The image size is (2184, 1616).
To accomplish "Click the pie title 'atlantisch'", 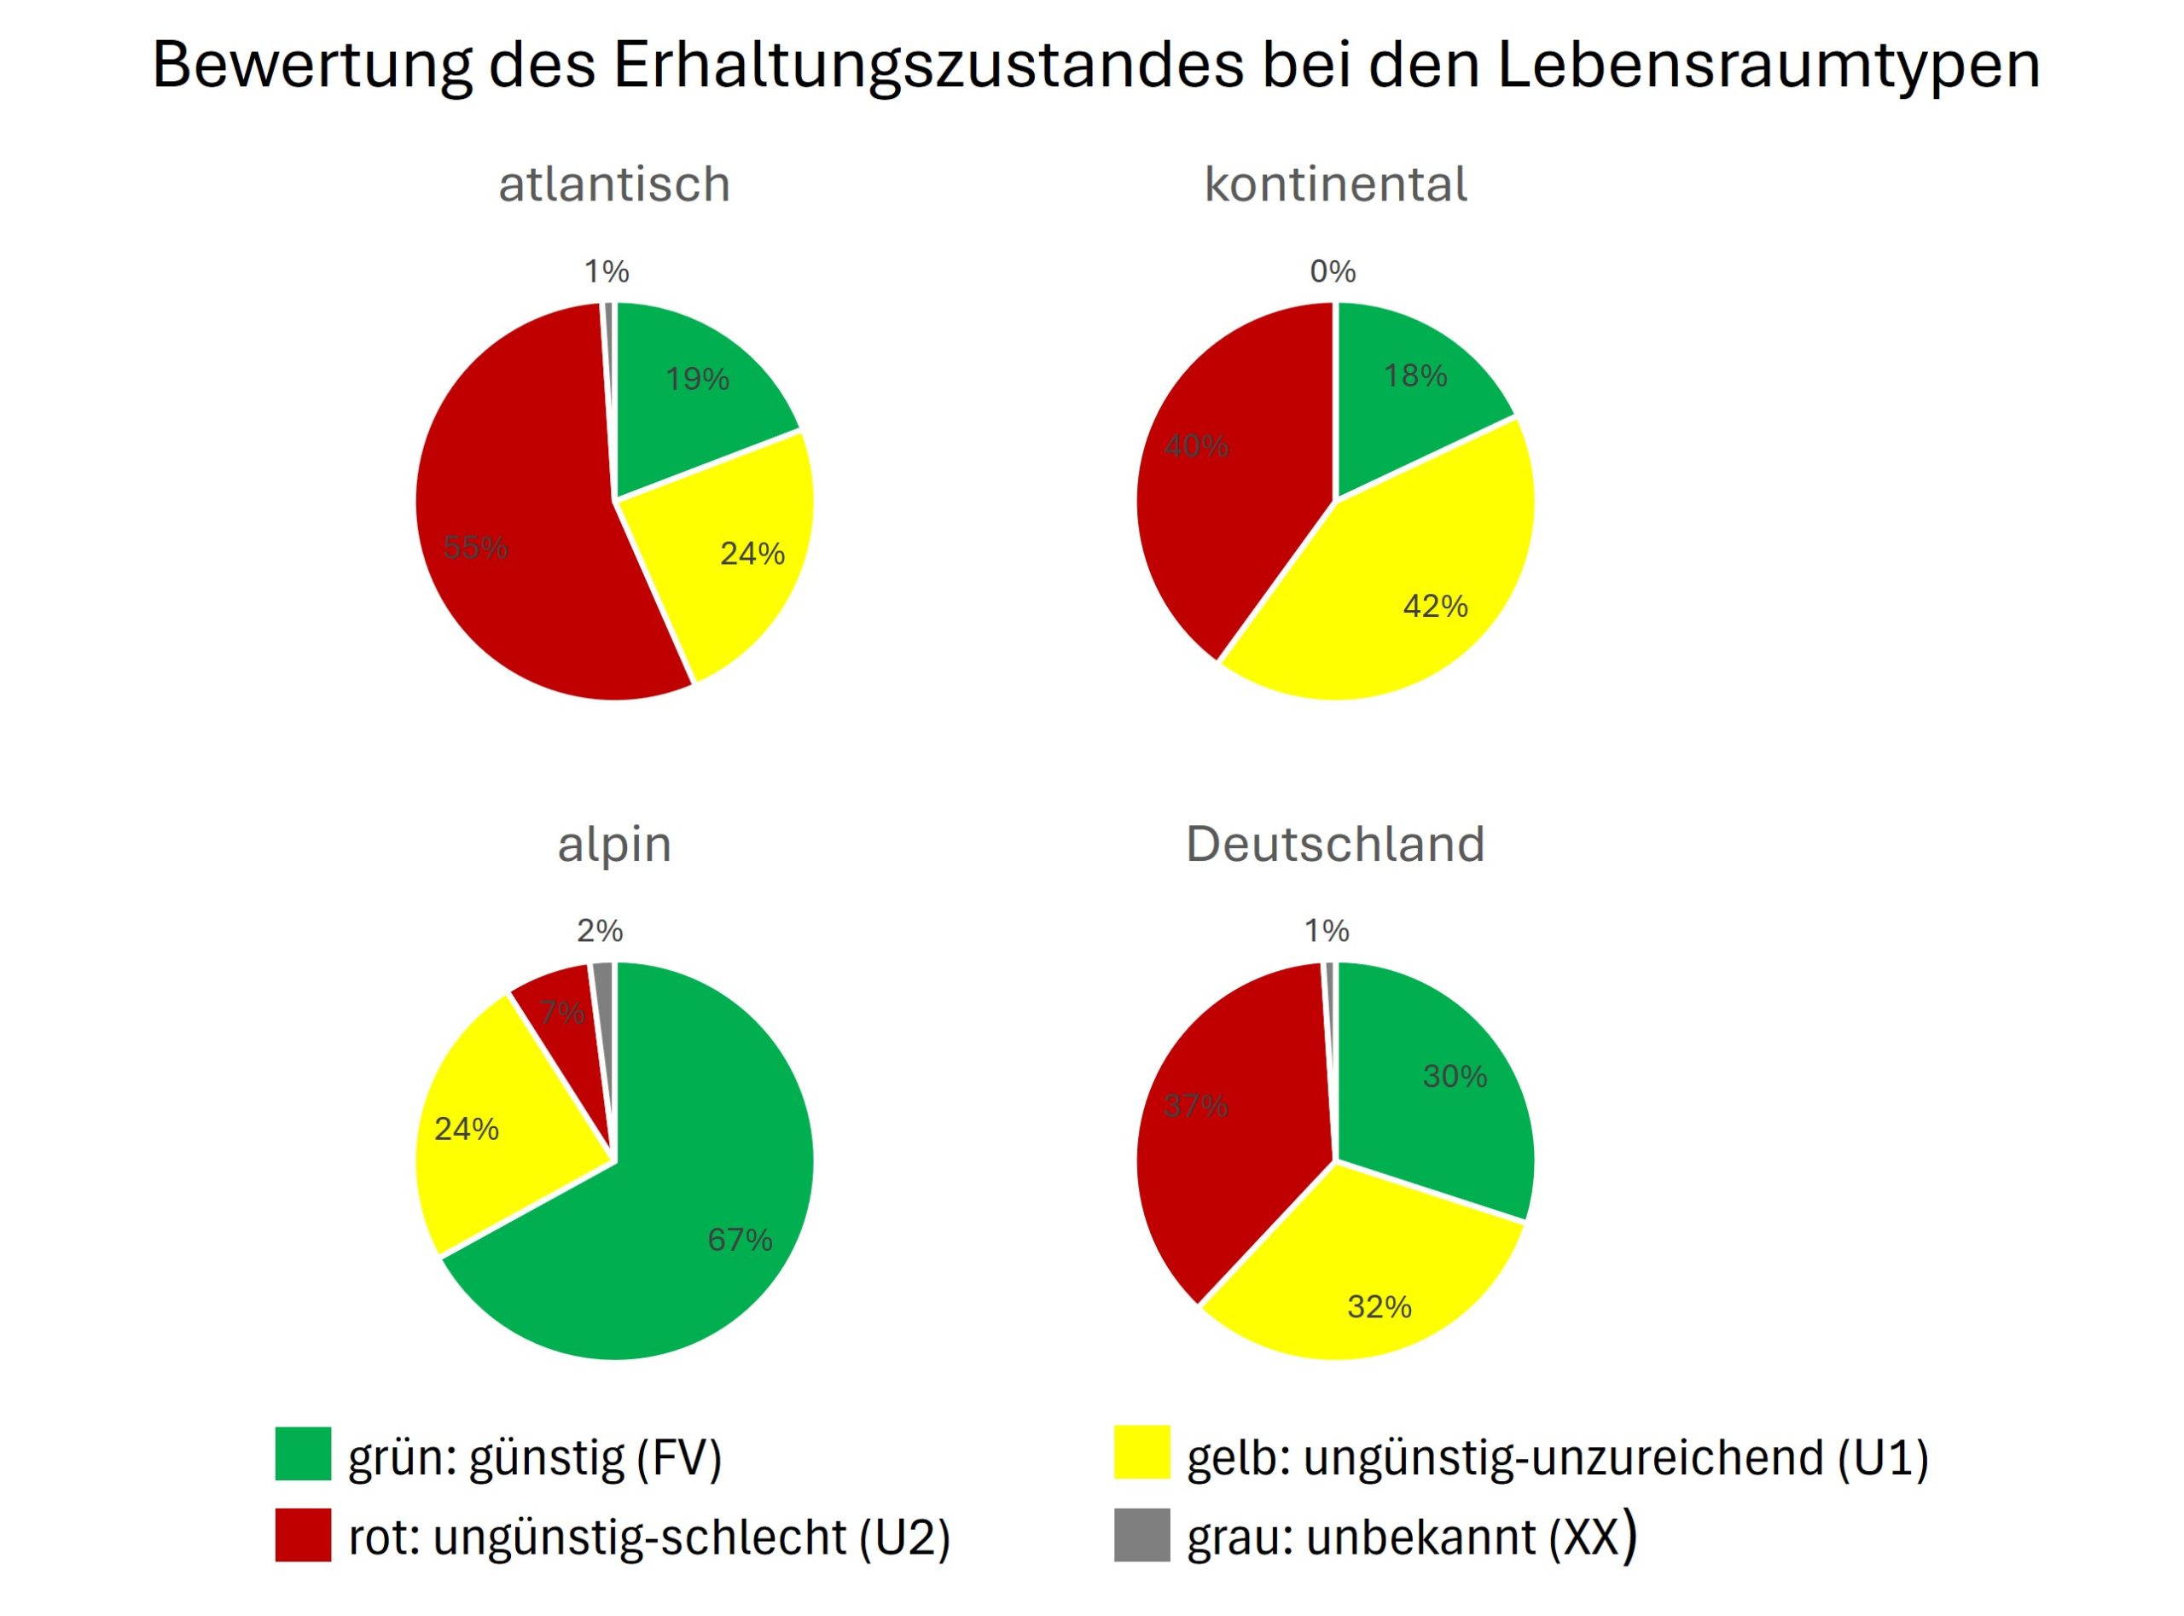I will pyautogui.click(x=614, y=184).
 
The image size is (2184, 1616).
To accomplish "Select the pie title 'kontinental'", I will pyautogui.click(x=1335, y=184).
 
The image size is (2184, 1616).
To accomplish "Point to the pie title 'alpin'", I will pyautogui.click(x=614, y=844).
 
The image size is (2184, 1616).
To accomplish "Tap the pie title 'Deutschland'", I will pyautogui.click(x=1335, y=844).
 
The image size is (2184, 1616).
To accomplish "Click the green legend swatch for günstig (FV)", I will pyautogui.click(x=303, y=1454).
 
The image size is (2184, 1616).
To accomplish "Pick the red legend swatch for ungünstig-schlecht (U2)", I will pyautogui.click(x=303, y=1535).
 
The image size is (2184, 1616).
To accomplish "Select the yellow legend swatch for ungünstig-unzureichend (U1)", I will pyautogui.click(x=1141, y=1454).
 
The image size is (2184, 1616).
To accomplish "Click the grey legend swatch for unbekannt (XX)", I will pyautogui.click(x=1141, y=1535).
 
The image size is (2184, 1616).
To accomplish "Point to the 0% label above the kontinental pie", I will pyautogui.click(x=1332, y=271).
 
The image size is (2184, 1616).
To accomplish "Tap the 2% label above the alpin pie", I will pyautogui.click(x=600, y=930).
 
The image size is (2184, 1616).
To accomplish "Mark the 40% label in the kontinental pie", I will pyautogui.click(x=1196, y=446).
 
